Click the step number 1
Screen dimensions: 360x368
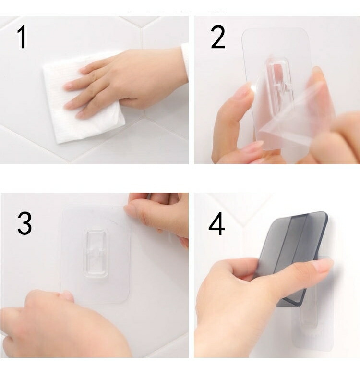[22, 37]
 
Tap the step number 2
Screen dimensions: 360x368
[218, 37]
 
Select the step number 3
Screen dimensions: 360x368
[24, 223]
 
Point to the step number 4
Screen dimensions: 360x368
[216, 224]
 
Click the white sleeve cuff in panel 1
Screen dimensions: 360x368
[185, 61]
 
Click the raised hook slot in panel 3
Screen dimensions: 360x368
[96, 253]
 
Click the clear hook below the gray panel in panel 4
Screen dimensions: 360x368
[308, 317]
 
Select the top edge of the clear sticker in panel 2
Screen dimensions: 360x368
[275, 29]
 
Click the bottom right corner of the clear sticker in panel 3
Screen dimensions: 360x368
[128, 301]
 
